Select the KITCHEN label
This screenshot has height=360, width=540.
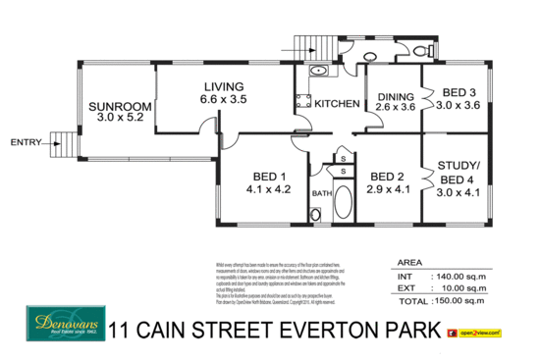click(x=336, y=103)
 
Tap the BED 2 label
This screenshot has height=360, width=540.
click(x=387, y=177)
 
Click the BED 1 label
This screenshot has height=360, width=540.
click(x=267, y=178)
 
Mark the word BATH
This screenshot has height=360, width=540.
click(x=321, y=193)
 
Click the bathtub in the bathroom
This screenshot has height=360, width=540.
click(x=345, y=202)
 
